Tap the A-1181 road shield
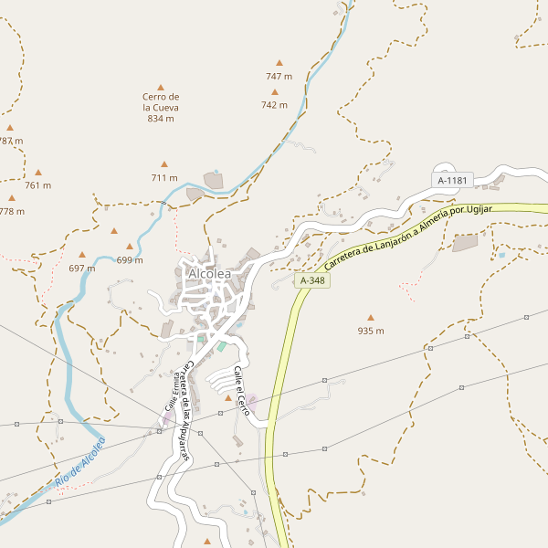(x=452, y=181)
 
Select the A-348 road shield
(x=312, y=281)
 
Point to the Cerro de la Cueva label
(x=161, y=107)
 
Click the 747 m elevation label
(x=279, y=77)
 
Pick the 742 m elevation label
(x=274, y=105)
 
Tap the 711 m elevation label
(x=164, y=178)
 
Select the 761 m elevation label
(x=38, y=185)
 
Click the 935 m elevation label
(x=370, y=331)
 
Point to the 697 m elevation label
(x=82, y=269)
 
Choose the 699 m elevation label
(x=130, y=260)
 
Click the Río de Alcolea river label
(x=79, y=461)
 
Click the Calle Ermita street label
(x=171, y=393)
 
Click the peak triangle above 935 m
(x=370, y=318)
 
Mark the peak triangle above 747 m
(x=279, y=63)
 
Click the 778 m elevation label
(x=12, y=211)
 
